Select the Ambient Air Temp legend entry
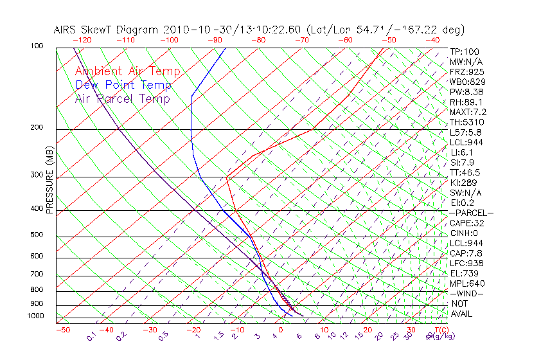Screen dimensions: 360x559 (x=127, y=72)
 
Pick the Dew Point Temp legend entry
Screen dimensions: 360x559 (x=123, y=85)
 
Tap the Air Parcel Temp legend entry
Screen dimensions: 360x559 (x=122, y=98)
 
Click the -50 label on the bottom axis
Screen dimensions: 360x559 (x=62, y=330)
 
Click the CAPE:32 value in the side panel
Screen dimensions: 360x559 (x=466, y=223)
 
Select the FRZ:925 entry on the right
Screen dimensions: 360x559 (x=465, y=71)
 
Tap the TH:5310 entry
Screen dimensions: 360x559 (x=466, y=122)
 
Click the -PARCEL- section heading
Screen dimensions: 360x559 (x=472, y=213)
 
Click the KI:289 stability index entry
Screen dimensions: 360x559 (x=463, y=183)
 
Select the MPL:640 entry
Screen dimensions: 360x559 (x=466, y=283)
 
